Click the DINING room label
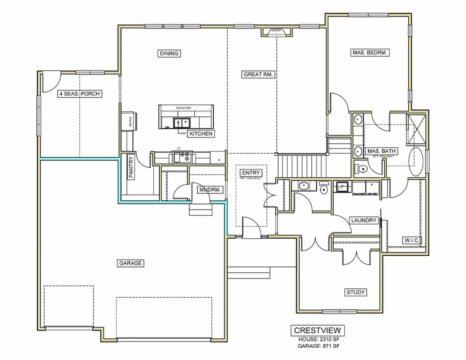click(x=169, y=53)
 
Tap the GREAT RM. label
click(x=258, y=74)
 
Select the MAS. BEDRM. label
click(x=370, y=52)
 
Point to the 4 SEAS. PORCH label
click(x=79, y=94)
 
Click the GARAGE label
click(x=130, y=263)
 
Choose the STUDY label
click(x=355, y=292)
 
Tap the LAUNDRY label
click(x=363, y=220)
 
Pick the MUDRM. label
click(x=210, y=190)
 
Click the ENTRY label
click(x=251, y=173)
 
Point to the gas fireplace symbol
click(x=276, y=32)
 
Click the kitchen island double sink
click(x=182, y=123)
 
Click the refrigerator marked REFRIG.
click(x=129, y=121)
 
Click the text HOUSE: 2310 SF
click(x=318, y=339)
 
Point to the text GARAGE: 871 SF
click(x=318, y=346)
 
